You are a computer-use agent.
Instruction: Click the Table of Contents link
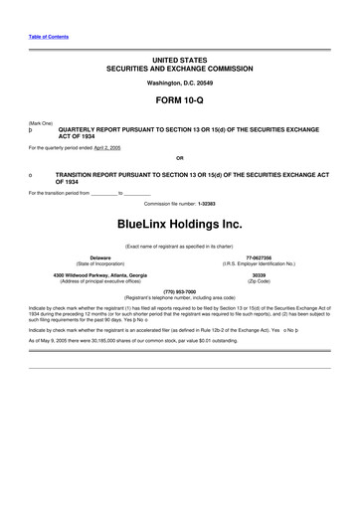pos(43,36)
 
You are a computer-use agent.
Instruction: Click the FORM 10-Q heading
pos(179,104)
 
